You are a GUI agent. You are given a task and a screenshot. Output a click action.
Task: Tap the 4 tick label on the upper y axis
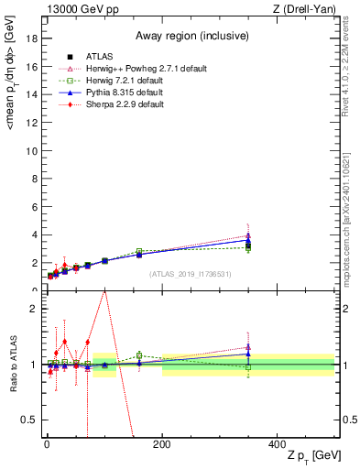pos(33,234)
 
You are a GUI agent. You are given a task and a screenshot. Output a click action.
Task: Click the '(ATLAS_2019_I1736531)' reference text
pos(188,274)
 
